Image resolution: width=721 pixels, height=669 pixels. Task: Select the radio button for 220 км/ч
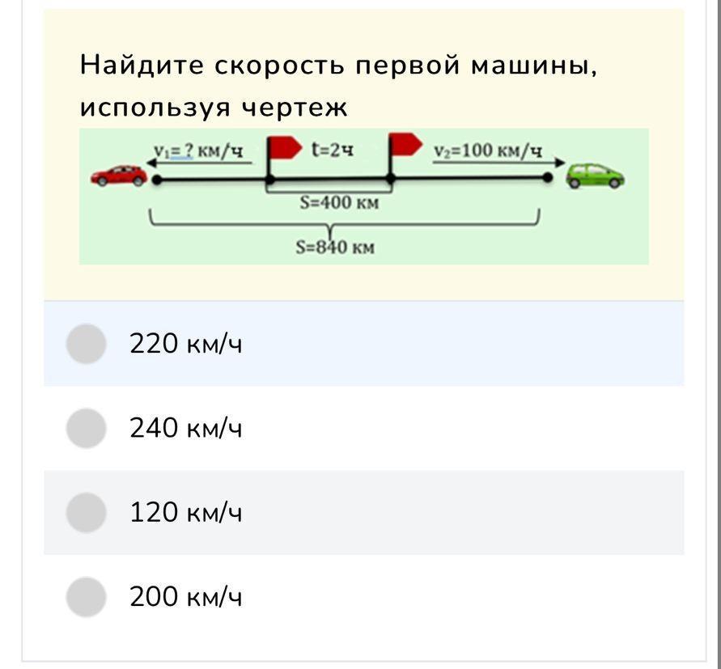pyautogui.click(x=86, y=344)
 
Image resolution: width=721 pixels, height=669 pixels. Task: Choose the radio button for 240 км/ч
pyautogui.click(x=86, y=428)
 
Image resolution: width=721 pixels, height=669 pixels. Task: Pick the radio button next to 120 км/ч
pyautogui.click(x=86, y=513)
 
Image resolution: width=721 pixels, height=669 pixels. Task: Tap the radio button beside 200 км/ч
pyautogui.click(x=86, y=597)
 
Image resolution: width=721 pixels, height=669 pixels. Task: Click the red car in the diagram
pyautogui.click(x=119, y=176)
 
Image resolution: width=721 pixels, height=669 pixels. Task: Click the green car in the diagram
pyautogui.click(x=595, y=176)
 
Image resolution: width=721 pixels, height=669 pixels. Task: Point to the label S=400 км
pyautogui.click(x=339, y=202)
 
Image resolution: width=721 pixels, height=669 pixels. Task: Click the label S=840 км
pyautogui.click(x=335, y=248)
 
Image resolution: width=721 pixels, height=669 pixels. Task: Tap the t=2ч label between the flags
pyautogui.click(x=333, y=150)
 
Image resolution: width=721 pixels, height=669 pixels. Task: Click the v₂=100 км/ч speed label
pyautogui.click(x=488, y=150)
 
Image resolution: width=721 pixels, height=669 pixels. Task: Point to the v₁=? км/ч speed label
pyautogui.click(x=198, y=150)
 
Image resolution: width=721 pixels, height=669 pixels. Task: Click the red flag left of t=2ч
pyautogui.click(x=284, y=148)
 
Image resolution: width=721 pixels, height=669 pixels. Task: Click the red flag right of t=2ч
pyautogui.click(x=405, y=144)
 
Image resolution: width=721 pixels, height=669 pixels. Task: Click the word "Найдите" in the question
pyautogui.click(x=142, y=65)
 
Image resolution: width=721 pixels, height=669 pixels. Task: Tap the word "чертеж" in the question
pyautogui.click(x=295, y=108)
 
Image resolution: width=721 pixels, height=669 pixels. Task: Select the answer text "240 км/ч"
pyautogui.click(x=186, y=428)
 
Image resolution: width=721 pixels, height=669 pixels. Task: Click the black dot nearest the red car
pyautogui.click(x=157, y=180)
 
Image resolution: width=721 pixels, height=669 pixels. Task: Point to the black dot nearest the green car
pyautogui.click(x=547, y=177)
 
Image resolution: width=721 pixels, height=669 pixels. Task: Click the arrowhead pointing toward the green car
pyautogui.click(x=560, y=162)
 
